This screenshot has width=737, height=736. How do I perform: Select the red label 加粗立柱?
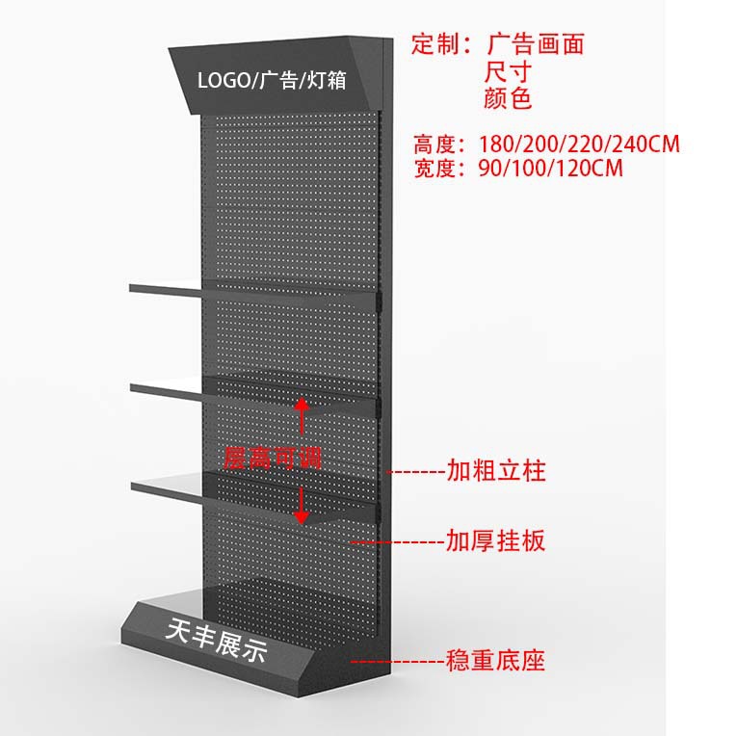coord(496,471)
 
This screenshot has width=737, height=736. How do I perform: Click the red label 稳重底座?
coord(496,661)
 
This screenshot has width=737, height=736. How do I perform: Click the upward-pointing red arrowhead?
coord(302,405)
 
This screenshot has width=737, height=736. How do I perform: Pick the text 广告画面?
coord(536,43)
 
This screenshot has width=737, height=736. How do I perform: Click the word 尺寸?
coord(511,71)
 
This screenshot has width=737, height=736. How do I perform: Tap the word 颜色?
coord(511,99)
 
